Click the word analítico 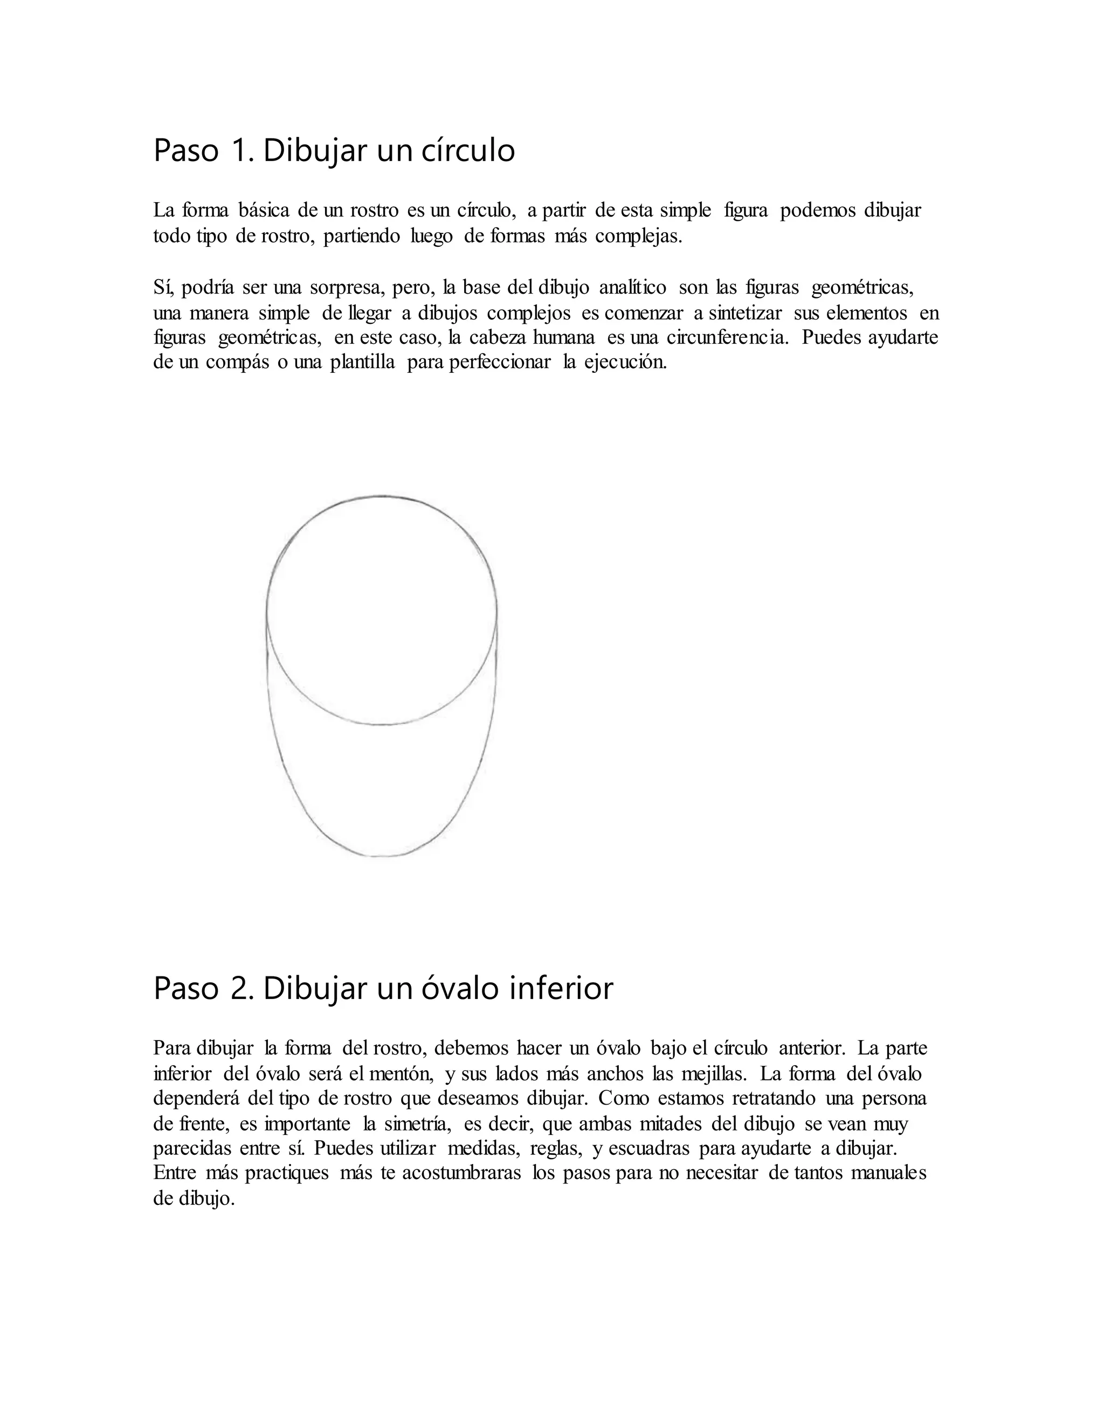[x=632, y=287]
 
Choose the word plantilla [x=362, y=363]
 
